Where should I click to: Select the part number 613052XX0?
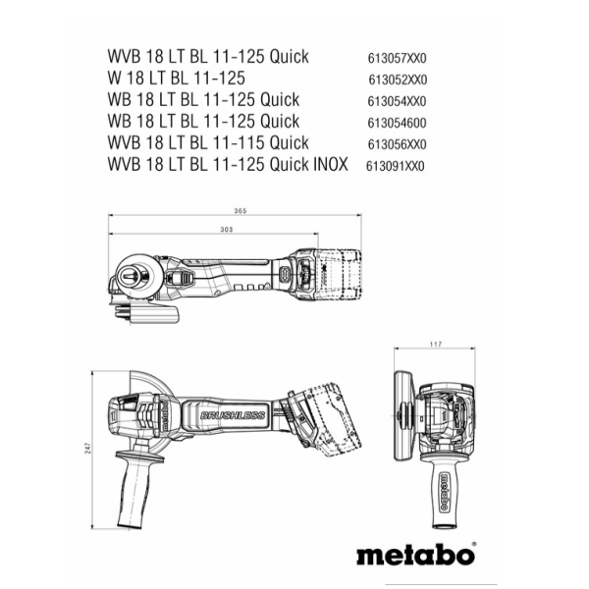[x=400, y=80]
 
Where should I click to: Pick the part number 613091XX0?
[x=395, y=166]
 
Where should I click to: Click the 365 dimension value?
[x=240, y=212]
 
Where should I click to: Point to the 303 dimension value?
[x=226, y=229]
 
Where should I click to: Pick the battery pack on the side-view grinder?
[x=329, y=422]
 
